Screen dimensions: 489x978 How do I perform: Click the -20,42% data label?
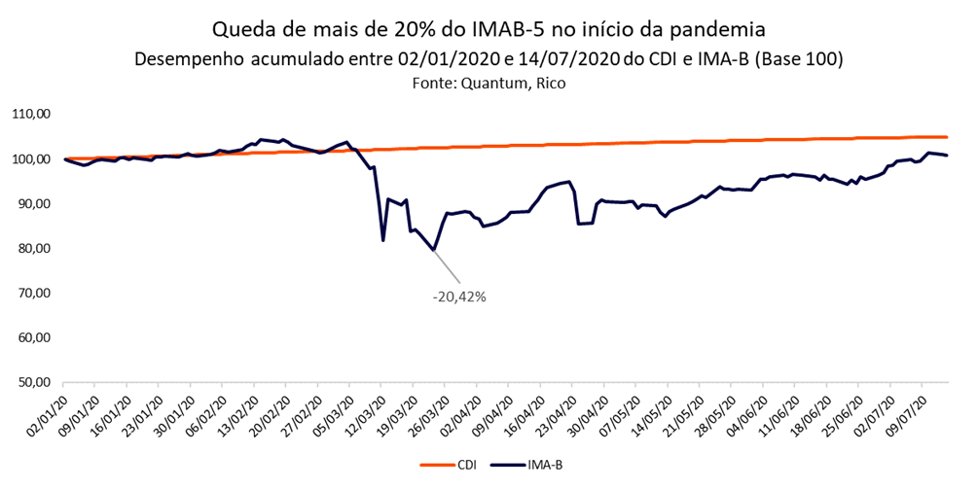point(458,296)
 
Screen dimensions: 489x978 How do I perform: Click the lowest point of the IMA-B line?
point(433,250)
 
